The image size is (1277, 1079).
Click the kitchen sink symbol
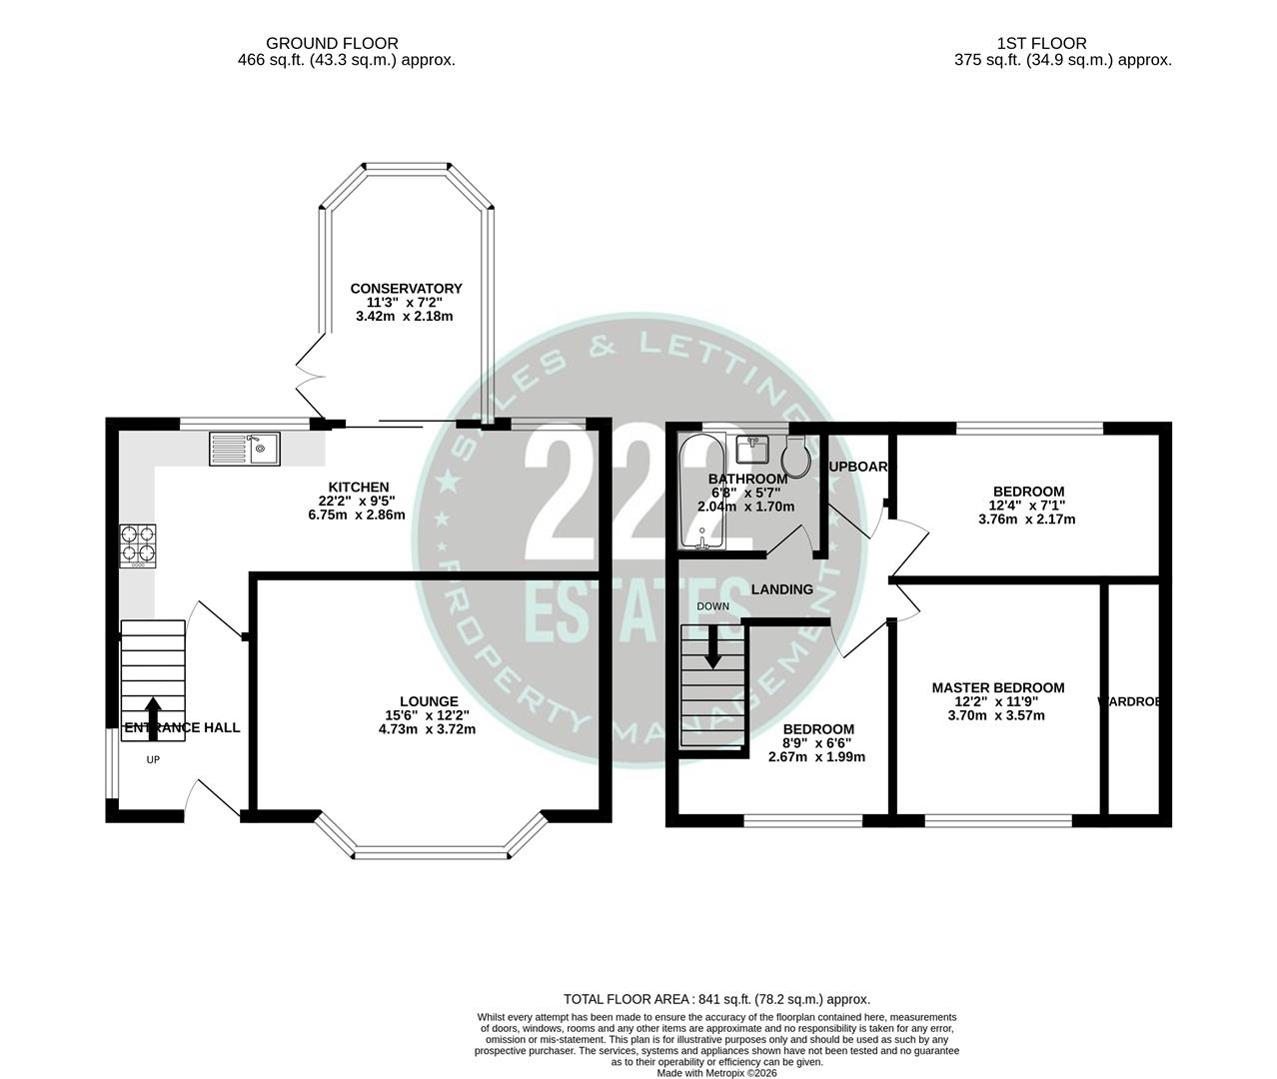click(245, 449)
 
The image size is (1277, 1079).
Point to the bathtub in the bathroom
click(700, 492)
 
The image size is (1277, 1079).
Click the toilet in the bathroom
click(796, 456)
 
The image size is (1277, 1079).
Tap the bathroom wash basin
click(751, 449)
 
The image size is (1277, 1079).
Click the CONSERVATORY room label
click(406, 289)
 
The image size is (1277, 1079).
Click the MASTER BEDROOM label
click(997, 687)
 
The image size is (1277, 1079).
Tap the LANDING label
click(781, 589)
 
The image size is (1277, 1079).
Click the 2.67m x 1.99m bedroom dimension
click(816, 756)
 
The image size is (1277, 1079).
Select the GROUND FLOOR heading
click(332, 43)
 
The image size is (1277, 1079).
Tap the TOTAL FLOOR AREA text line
click(716, 998)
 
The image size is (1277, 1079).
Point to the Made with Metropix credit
click(716, 1073)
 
